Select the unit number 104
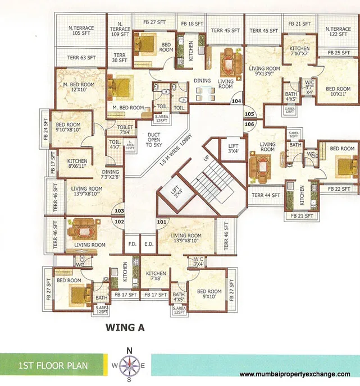point(236,102)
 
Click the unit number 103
point(119,212)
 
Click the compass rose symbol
point(129,365)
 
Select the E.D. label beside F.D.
point(149,244)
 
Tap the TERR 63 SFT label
point(81,57)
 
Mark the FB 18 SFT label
point(192,24)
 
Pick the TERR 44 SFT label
point(266,195)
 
